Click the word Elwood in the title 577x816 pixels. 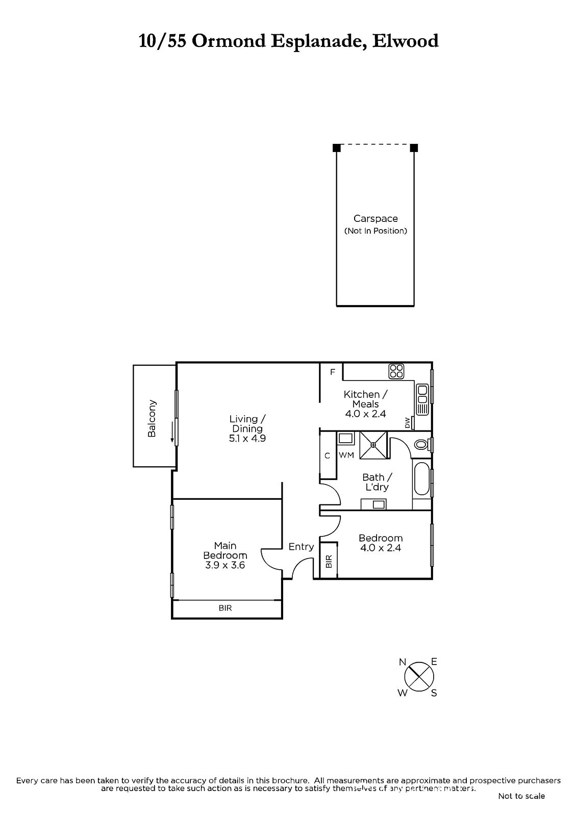[405, 41]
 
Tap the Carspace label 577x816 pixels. [375, 219]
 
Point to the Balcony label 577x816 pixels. [152, 419]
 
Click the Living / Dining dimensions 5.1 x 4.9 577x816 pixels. [247, 438]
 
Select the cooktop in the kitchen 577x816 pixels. [396, 371]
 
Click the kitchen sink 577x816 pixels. [422, 400]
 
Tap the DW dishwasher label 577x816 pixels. [407, 423]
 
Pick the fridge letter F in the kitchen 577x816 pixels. [333, 372]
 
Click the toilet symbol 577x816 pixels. [422, 444]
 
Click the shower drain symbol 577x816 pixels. [373, 445]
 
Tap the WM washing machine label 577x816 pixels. [346, 455]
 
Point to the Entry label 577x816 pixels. [301, 546]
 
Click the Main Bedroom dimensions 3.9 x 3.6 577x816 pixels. [225, 565]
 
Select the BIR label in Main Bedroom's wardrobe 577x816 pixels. [225, 608]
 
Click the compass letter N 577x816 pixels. [403, 662]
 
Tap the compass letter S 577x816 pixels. [434, 693]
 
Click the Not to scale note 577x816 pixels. [521, 796]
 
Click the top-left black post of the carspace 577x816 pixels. [336, 148]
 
